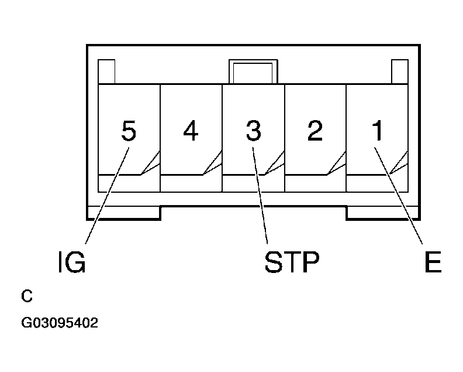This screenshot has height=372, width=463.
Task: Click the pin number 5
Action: coord(129,131)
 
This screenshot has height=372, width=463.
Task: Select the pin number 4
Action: coord(191,130)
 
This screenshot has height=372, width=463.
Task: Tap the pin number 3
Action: coord(254,131)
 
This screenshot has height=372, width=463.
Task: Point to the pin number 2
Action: coord(315,130)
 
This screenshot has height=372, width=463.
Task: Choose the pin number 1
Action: coord(377,130)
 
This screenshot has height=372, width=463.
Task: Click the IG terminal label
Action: coord(72,262)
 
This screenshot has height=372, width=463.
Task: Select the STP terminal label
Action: coord(292,262)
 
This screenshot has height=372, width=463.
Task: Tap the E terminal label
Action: coord(433,262)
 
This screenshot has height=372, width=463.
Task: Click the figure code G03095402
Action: coord(60,323)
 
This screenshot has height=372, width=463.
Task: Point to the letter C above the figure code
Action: coord(26,296)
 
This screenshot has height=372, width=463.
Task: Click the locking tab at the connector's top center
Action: coord(253,71)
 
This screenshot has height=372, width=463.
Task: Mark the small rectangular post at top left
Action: coord(106,71)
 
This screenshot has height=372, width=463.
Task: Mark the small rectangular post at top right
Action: coord(400,71)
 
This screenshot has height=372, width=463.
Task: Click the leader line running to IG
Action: coord(107,196)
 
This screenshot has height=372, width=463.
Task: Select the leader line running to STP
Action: coord(260,196)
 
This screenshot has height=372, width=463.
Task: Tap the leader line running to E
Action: coord(398,196)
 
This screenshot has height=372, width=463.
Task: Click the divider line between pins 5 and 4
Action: coord(160,138)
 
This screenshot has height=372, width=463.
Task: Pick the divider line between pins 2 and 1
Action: coord(346,138)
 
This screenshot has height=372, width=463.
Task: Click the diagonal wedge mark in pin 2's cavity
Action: coord(336,163)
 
